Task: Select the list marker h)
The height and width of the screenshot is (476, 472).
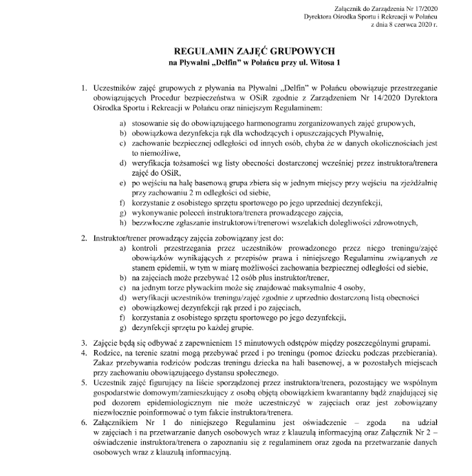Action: (122, 222)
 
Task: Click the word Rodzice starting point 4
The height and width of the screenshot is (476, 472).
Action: (109, 353)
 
